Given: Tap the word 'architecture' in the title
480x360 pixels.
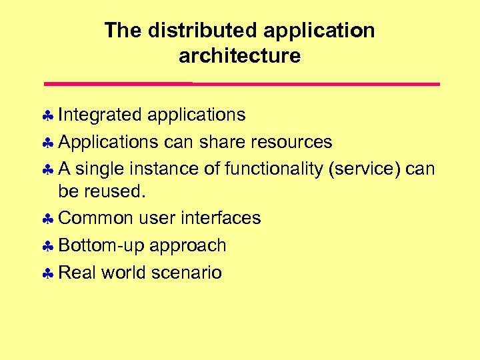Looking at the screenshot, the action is point(239,56).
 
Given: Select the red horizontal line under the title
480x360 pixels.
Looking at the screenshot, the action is point(241,84).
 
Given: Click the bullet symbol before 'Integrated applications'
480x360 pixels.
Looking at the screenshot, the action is point(49,116).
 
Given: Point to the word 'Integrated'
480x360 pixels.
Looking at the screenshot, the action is point(100,115).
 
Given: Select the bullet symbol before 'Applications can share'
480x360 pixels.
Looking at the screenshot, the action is point(49,143).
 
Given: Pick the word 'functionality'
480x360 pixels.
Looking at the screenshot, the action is point(274,169).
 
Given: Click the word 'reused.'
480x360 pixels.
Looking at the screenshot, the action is point(101,192).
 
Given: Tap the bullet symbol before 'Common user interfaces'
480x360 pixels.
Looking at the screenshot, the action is point(49,219).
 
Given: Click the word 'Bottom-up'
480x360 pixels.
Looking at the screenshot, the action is point(101,245).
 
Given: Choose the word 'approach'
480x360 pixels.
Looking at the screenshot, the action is point(188,246).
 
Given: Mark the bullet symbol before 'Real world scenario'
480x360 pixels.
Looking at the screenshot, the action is point(49,273).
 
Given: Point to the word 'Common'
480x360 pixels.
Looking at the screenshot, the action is point(96,218).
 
